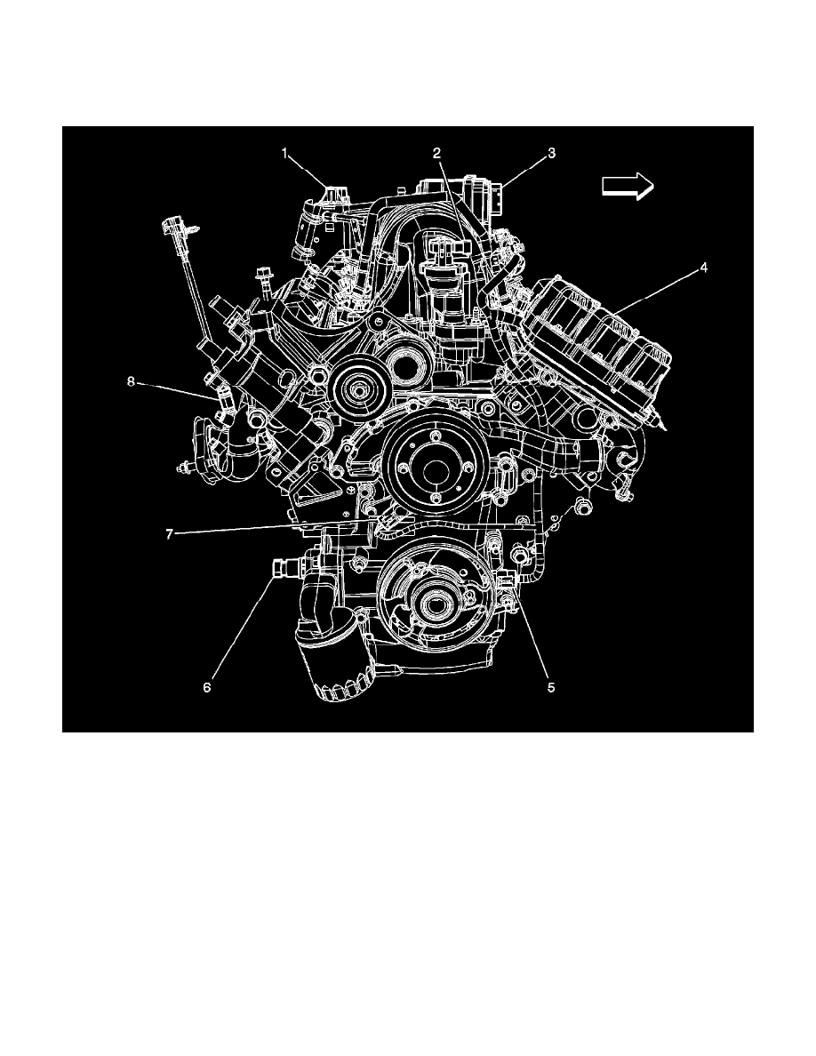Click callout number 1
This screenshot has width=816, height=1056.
(286, 154)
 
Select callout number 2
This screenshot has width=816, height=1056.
(437, 154)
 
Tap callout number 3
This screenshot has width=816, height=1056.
(551, 154)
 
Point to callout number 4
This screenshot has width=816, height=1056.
(702, 266)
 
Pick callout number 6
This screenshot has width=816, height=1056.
(208, 687)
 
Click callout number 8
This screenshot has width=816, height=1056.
(131, 381)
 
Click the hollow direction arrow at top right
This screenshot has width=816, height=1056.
(628, 185)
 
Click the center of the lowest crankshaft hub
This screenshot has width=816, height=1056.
(436, 607)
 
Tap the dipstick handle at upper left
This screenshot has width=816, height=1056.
(173, 229)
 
